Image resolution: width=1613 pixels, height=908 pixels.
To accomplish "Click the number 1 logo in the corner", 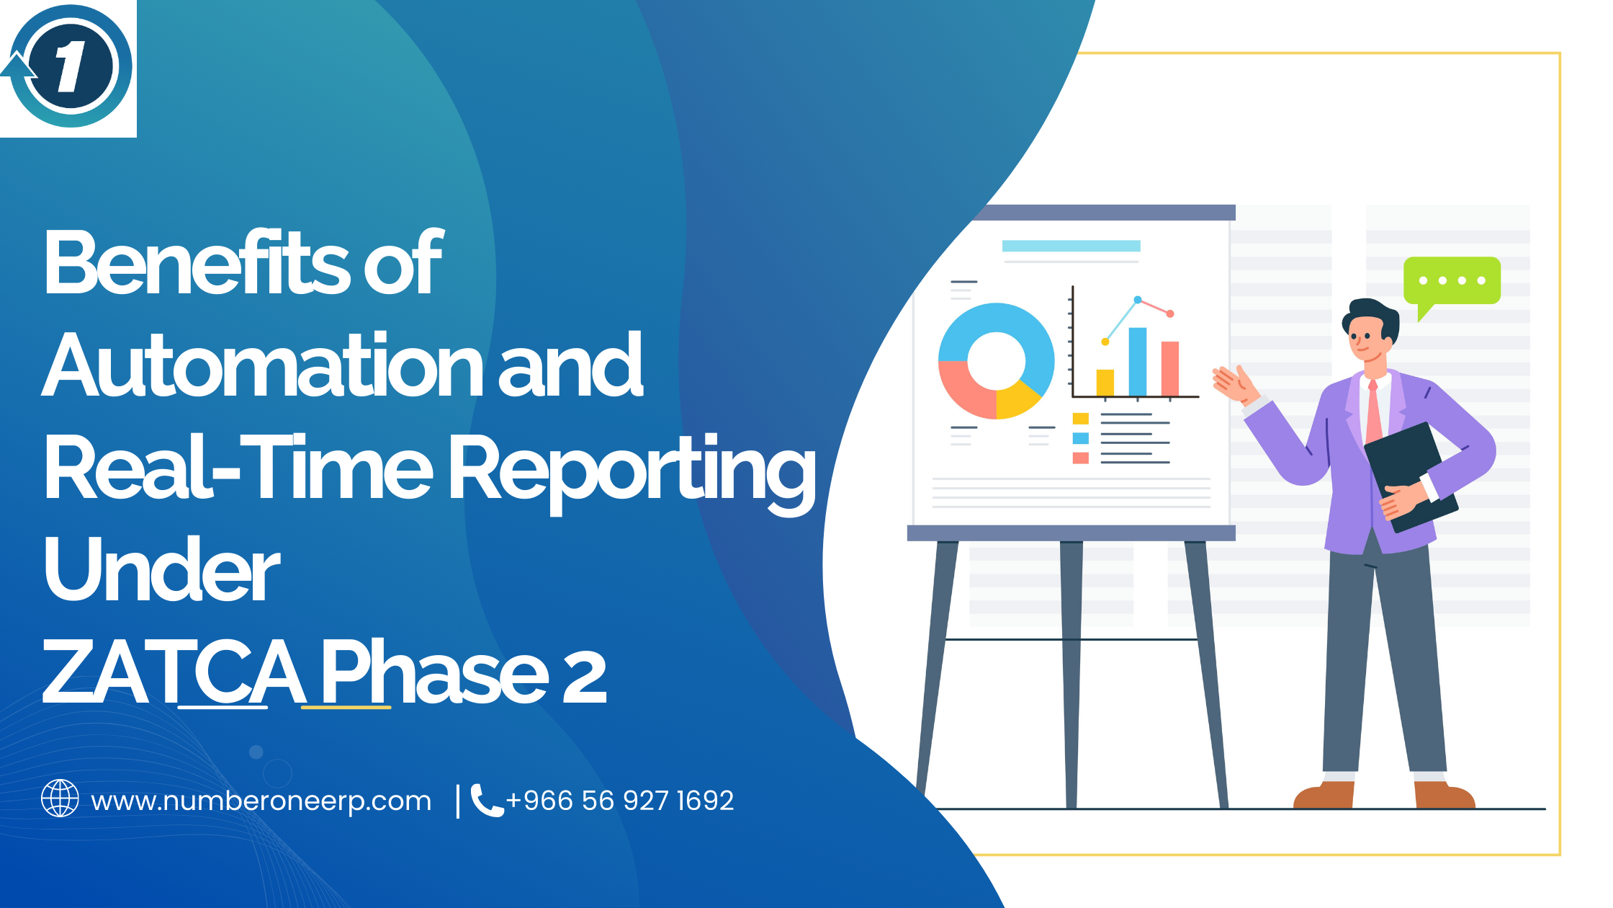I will coord(70,67).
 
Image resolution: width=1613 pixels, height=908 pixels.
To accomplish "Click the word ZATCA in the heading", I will coord(173,673).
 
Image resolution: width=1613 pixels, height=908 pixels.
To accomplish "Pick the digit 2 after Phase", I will coord(583,676).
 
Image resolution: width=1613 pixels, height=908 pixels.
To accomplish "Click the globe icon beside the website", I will coord(60,798).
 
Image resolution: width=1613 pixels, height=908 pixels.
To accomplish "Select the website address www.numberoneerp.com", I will coord(261,801).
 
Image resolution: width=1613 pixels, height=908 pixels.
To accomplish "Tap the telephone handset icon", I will coord(486,800).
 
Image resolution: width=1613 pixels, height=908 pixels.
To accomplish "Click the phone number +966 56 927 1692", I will coord(619,801).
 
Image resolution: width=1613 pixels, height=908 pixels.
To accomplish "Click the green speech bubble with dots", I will coord(1451,280).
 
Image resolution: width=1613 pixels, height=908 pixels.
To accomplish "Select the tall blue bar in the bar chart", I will coord(1137,362).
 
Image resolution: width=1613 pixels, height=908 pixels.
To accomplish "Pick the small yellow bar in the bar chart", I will coord(1105,383).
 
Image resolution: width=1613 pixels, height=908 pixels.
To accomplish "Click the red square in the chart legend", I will coord(1080,458).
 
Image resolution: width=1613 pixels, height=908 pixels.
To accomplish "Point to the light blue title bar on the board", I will coord(1071,246).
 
